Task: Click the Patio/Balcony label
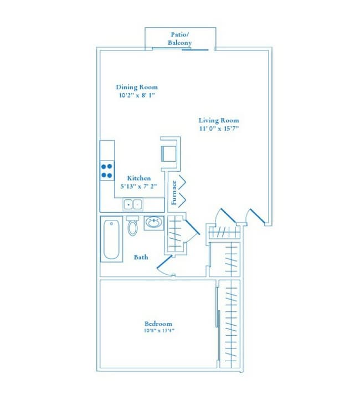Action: tap(180, 39)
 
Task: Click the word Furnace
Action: tap(174, 193)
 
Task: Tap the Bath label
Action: tap(141, 257)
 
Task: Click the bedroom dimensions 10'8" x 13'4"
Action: tap(158, 331)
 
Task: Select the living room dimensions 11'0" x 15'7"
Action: tap(219, 129)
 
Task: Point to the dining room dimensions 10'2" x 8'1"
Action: tap(137, 95)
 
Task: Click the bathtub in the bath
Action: tap(112, 240)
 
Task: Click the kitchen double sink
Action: tap(132, 204)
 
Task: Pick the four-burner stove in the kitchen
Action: tap(107, 171)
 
